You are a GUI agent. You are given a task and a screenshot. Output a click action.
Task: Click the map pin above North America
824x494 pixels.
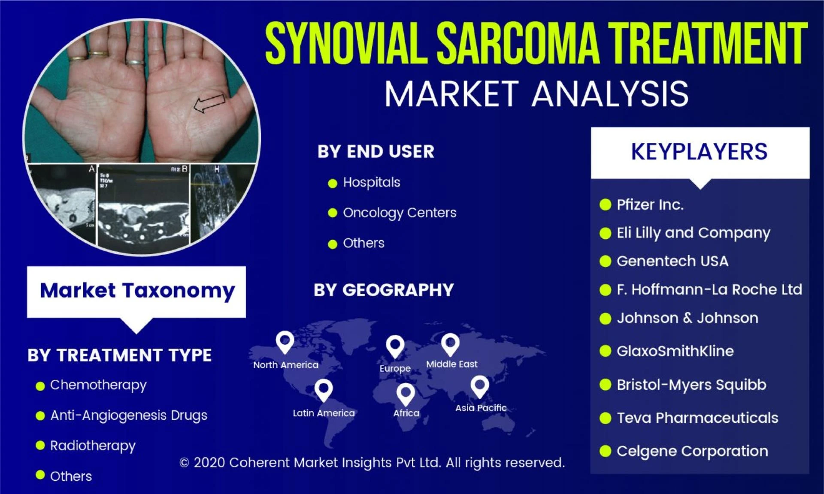285,342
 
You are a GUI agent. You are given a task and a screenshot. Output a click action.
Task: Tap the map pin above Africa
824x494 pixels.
406,394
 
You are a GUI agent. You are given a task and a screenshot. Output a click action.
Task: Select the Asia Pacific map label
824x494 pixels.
481,408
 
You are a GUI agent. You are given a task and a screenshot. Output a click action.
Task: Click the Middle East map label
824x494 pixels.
451,364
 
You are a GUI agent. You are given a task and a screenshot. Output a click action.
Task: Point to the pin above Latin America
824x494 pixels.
324,389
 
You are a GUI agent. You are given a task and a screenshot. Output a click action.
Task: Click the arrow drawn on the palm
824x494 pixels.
209,103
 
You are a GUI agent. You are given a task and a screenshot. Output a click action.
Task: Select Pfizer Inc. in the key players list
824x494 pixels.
650,205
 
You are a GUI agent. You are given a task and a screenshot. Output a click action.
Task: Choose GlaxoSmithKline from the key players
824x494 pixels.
675,351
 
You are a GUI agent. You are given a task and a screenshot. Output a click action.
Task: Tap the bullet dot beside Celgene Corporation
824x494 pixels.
605,451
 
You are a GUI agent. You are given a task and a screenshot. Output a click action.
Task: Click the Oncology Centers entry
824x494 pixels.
399,213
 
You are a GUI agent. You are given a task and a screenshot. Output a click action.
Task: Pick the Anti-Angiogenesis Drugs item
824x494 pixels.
128,415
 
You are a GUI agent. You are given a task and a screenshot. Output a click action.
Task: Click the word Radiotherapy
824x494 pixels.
93,446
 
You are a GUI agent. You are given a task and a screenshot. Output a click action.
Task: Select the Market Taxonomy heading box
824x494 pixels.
136,291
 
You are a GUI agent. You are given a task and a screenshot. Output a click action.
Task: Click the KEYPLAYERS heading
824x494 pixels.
699,152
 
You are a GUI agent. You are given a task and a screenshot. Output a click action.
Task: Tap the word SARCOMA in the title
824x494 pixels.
518,44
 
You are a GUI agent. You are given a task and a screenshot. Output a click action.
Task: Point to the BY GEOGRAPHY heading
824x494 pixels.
383,290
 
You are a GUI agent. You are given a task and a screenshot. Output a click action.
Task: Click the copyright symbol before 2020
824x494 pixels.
184,463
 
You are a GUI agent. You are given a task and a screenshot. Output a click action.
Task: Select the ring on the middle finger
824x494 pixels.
136,63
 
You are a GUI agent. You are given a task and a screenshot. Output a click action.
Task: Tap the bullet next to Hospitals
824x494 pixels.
332,184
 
